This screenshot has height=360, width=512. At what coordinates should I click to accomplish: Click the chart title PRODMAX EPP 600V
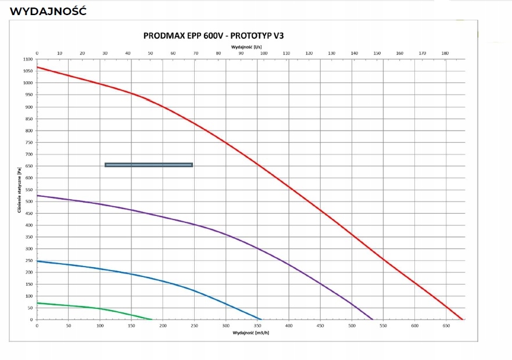coord(213,35)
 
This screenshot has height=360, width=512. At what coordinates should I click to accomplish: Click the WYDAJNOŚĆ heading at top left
coord(48,11)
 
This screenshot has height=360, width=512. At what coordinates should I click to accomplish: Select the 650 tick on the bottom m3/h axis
coord(446,326)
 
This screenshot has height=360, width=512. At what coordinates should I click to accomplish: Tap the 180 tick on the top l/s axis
coord(445,53)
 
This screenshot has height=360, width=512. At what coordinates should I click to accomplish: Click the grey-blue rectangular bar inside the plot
coord(149,165)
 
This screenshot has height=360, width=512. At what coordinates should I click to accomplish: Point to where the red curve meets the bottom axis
coord(463,319)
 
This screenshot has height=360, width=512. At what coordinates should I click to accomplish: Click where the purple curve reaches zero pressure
coord(373,319)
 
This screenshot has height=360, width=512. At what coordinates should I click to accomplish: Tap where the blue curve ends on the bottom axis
coord(262,319)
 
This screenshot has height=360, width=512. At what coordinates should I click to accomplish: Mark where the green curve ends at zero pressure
coord(152,319)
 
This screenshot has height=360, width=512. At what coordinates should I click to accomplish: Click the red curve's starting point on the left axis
coord(37,67)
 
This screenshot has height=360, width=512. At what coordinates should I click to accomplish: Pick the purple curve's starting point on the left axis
coord(37,195)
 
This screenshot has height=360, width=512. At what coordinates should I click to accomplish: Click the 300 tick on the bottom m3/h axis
coord(226,326)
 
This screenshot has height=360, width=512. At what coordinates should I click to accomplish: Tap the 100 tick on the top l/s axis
coord(264,53)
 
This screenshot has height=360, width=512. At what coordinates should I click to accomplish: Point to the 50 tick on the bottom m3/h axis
coord(69,326)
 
